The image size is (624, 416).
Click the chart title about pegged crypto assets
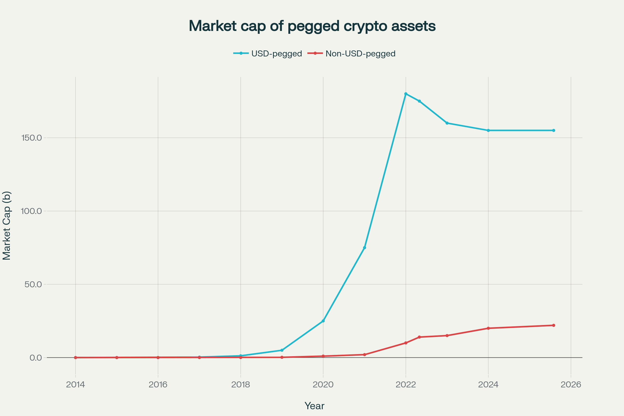pyautogui.click(x=312, y=26)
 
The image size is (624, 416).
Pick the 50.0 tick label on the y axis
pyautogui.click(x=33, y=284)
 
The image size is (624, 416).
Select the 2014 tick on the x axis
pyautogui.click(x=75, y=385)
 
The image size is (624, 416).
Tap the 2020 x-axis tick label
pyautogui.click(x=323, y=385)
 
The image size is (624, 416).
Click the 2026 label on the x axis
pyautogui.click(x=571, y=385)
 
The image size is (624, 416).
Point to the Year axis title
pyautogui.click(x=314, y=406)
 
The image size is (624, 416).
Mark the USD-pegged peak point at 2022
pyautogui.click(x=406, y=94)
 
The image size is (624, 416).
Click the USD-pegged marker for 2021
pyautogui.click(x=365, y=248)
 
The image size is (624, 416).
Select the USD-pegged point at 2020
pyautogui.click(x=323, y=321)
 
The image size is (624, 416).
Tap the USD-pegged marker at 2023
pyautogui.click(x=447, y=123)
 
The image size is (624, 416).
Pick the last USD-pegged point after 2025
pyautogui.click(x=554, y=131)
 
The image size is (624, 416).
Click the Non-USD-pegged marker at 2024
pyautogui.click(x=488, y=328)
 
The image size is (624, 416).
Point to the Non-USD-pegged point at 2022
pyautogui.click(x=406, y=343)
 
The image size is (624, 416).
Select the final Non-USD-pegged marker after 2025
pyautogui.click(x=554, y=325)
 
